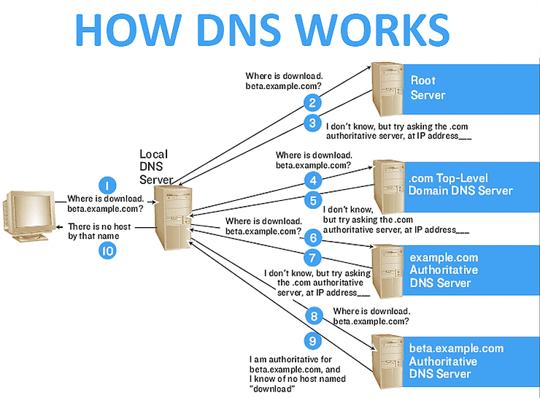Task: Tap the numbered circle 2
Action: [x=312, y=103]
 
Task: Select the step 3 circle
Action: [x=312, y=123]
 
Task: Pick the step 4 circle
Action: [x=312, y=180]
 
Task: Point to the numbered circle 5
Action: [x=312, y=199]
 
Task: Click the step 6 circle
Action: [x=312, y=237]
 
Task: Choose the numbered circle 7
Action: [x=312, y=257]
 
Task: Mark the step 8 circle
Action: [x=312, y=316]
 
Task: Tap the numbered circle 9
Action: [x=312, y=340]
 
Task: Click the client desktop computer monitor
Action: [x=29, y=209]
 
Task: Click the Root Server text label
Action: [x=428, y=88]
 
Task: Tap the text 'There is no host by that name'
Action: [x=99, y=231]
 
